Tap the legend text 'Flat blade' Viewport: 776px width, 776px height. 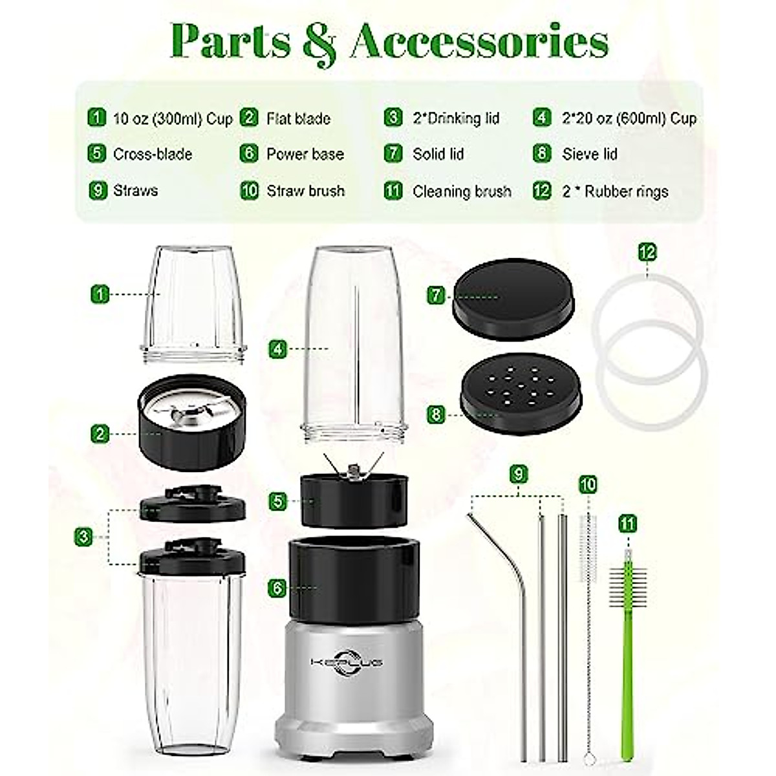(x=298, y=118)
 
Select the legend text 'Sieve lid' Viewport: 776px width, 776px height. (x=589, y=154)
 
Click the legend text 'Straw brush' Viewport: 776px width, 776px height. (x=305, y=191)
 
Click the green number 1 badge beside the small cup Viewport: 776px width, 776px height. (x=99, y=294)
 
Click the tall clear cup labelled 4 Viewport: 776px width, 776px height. (x=356, y=343)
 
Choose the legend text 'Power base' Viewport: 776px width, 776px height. (x=305, y=154)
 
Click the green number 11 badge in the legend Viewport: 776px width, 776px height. (x=393, y=191)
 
